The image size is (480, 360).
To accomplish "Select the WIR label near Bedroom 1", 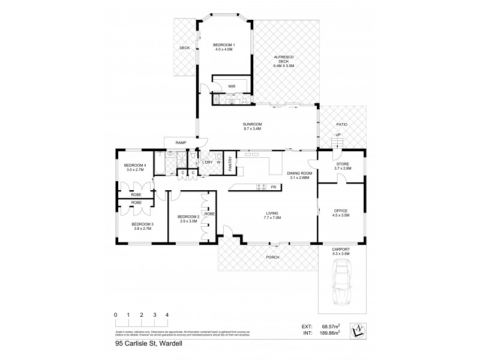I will (x=231, y=86).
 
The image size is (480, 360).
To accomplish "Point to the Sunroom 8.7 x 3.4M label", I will (x=253, y=127).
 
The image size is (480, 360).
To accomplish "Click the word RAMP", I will (x=180, y=142).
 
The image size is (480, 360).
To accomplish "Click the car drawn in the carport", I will (x=342, y=290).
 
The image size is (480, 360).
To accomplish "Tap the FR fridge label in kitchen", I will (x=273, y=187).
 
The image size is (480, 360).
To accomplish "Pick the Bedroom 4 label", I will (x=135, y=167).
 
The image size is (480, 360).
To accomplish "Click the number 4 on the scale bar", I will (x=167, y=315).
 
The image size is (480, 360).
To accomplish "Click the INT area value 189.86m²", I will (x=329, y=332).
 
